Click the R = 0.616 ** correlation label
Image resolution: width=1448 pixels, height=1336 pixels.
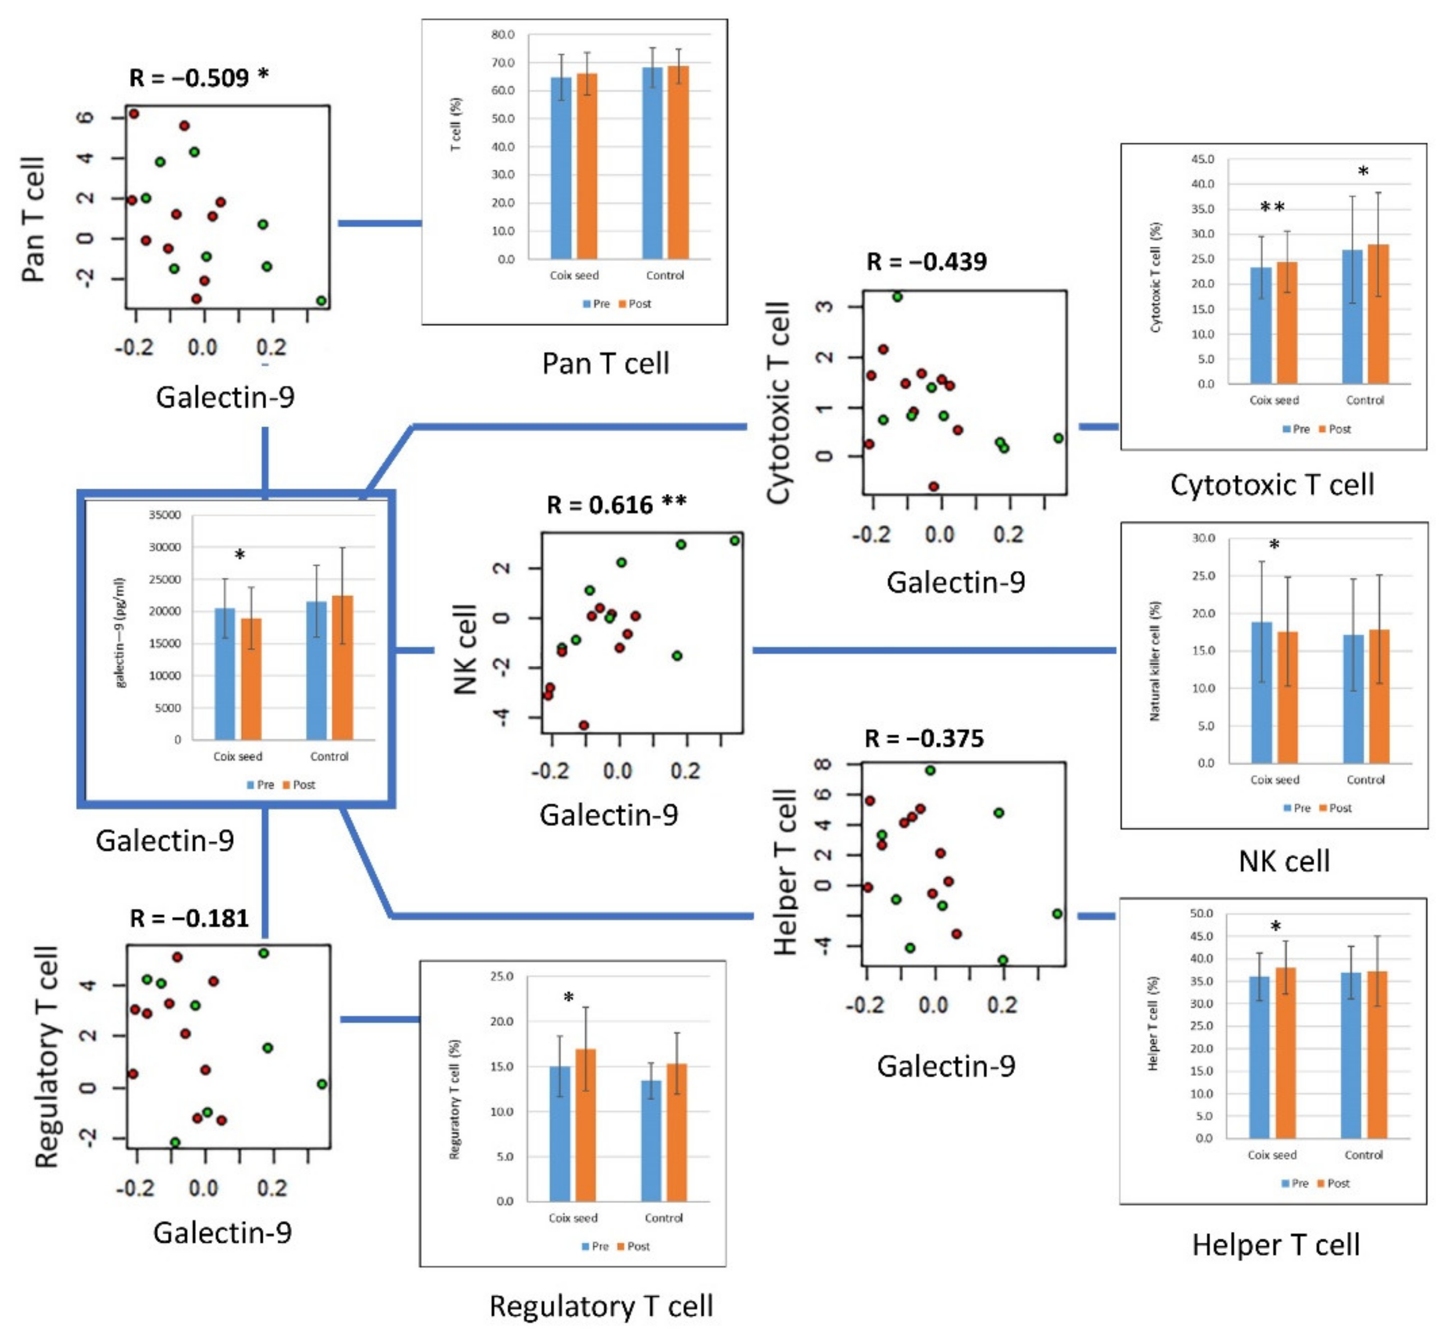click(x=616, y=505)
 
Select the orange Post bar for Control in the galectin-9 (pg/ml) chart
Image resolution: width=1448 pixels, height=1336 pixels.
click(x=342, y=667)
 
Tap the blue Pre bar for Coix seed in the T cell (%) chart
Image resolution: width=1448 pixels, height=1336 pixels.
click(x=561, y=168)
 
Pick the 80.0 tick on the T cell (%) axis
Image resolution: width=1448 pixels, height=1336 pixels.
click(x=503, y=34)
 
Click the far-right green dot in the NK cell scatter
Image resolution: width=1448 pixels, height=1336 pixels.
click(x=734, y=541)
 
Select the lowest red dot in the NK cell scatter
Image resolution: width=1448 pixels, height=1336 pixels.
click(x=583, y=725)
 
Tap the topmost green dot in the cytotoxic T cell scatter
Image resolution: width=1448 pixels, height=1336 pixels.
click(x=897, y=296)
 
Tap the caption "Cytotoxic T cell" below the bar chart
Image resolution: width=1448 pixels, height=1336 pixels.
click(x=1272, y=484)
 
